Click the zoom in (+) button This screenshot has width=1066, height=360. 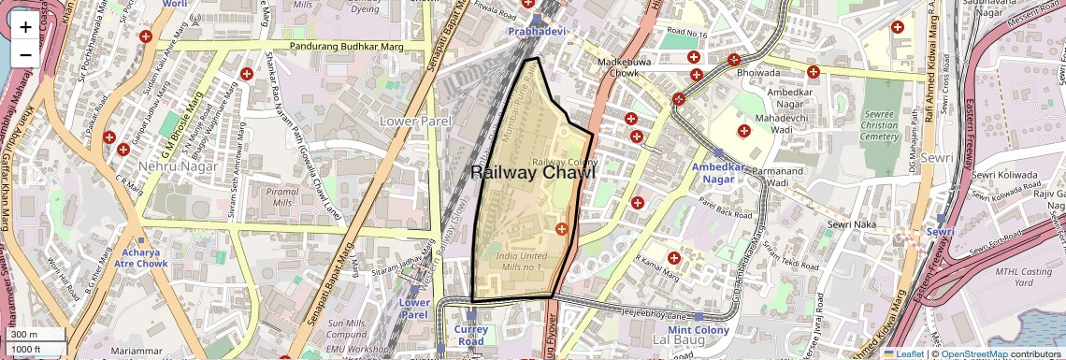coord(25,27)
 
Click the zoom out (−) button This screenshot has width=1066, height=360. coord(25,54)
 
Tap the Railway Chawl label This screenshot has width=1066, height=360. coord(532,173)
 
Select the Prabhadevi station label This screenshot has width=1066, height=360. coord(537,32)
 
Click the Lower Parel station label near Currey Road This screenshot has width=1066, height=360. coord(414,309)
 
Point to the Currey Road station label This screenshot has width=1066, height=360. coord(471,335)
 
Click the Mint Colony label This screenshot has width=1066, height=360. coord(699,331)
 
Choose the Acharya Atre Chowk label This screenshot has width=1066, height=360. coord(144,258)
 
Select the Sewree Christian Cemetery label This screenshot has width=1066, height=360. coord(878,122)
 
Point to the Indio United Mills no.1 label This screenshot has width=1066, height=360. coord(521,262)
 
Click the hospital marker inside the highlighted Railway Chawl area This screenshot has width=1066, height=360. coord(562,229)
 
